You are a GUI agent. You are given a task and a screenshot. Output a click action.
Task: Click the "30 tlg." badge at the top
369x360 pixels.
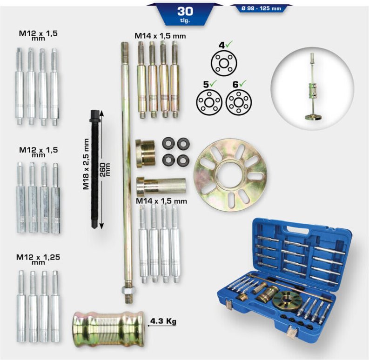185,14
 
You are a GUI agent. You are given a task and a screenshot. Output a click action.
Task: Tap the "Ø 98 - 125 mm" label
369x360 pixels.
261,8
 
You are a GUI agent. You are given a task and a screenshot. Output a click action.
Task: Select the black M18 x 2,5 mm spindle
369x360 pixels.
95,169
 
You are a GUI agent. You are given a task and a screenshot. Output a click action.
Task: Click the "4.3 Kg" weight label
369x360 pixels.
163,321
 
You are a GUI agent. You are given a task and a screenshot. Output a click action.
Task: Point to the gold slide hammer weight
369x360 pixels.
108,329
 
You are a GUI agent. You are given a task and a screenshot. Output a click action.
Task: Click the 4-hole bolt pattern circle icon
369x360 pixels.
224,63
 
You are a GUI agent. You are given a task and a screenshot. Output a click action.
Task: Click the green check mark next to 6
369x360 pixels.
243,83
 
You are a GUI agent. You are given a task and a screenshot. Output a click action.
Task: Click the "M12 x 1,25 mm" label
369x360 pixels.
38,259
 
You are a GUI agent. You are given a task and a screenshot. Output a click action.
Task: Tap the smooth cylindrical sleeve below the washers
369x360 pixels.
161,186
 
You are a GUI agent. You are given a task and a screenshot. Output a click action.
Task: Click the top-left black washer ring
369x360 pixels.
168,143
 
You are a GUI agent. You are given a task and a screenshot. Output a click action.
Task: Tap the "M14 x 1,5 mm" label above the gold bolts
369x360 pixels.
160,36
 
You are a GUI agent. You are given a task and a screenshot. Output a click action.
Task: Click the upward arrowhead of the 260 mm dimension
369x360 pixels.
101,113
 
